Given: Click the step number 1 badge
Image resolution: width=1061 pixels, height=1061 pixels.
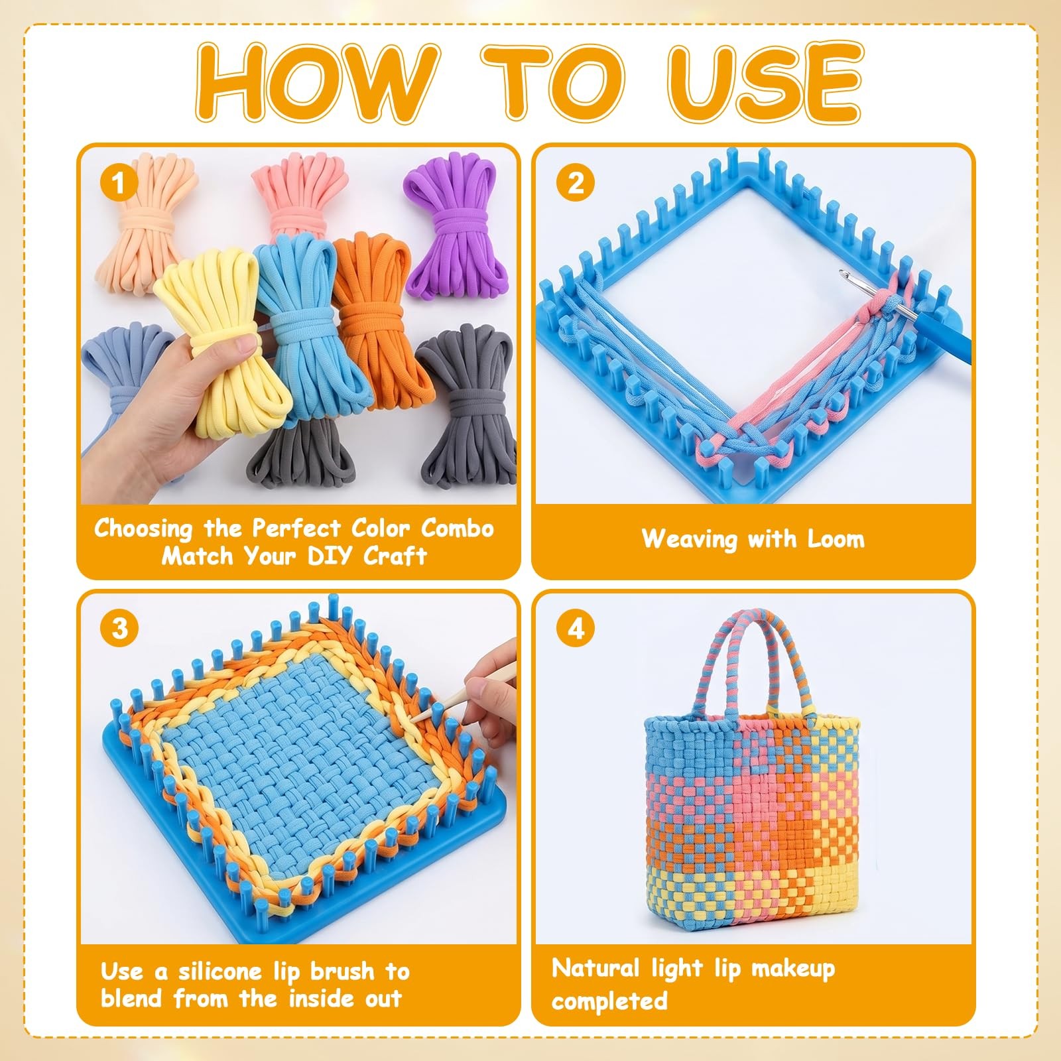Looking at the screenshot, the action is click(119, 182).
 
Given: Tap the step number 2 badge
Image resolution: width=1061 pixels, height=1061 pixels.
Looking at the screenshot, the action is click(576, 182).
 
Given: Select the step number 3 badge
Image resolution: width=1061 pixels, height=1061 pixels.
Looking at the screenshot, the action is click(120, 627).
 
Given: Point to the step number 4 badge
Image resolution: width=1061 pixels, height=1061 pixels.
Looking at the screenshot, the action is click(576, 627).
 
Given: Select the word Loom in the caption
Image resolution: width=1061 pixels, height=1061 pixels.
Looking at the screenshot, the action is click(836, 539).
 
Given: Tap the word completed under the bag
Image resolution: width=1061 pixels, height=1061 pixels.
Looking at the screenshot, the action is click(609, 1001).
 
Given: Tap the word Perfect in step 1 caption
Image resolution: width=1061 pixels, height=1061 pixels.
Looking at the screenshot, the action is click(298, 529).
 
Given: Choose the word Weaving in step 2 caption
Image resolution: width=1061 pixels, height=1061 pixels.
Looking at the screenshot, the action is click(689, 540).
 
